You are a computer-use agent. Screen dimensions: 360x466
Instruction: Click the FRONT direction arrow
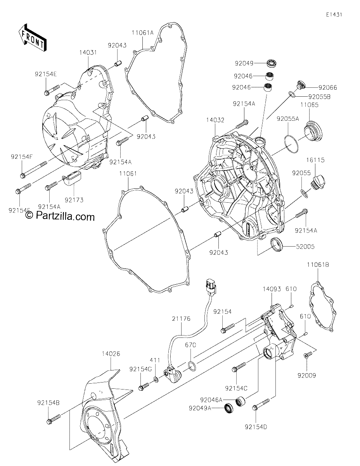pyautogui.click(x=32, y=37)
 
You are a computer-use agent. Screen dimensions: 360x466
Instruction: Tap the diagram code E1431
pyautogui.click(x=334, y=15)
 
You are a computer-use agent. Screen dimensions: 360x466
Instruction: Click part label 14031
pyautogui.click(x=88, y=52)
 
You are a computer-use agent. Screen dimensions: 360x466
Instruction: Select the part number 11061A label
pyautogui.click(x=143, y=33)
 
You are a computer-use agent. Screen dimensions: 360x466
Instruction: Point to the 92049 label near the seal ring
pyautogui.click(x=244, y=63)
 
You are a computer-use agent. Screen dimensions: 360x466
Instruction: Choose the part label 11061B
pyautogui.click(x=318, y=265)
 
